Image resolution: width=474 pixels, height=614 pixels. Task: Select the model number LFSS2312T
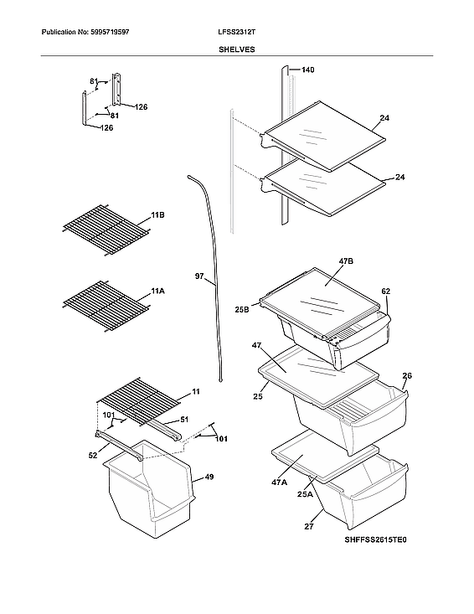tap(237, 31)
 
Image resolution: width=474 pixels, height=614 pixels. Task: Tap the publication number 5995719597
tap(106, 31)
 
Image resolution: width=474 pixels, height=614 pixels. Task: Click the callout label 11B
tap(157, 216)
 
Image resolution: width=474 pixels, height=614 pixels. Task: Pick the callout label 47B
tap(346, 261)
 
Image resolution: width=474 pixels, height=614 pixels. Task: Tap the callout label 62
tap(386, 292)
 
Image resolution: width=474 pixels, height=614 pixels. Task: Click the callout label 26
tap(407, 375)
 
